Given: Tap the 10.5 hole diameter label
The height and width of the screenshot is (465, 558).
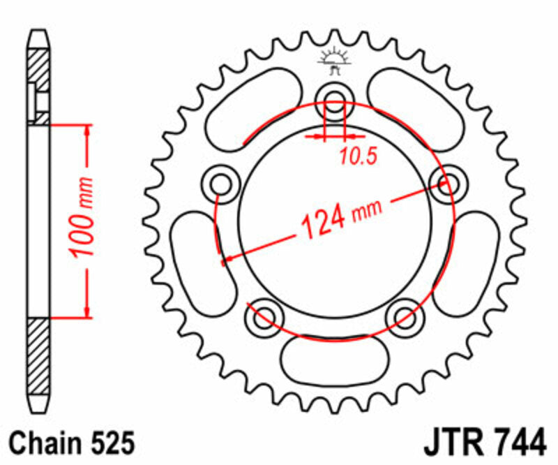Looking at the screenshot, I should (358, 156).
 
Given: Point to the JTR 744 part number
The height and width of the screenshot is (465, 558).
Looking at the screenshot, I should (483, 443).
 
